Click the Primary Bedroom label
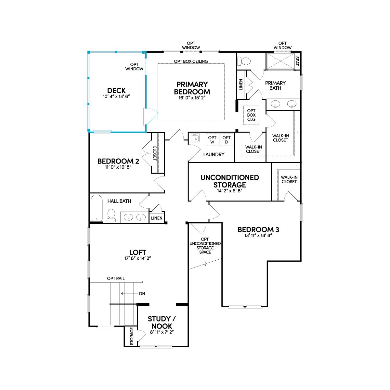pos(192,88)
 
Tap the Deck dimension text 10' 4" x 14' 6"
pos(116,96)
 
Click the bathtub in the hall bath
pos(96,208)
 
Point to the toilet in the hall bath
pos(111,215)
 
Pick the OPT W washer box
pos(212,140)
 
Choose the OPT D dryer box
pos(227,140)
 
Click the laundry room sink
pos(195,138)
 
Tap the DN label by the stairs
pos(142,293)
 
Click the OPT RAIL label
pos(116,278)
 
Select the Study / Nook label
pos(162,322)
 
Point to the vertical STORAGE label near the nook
pos(132,336)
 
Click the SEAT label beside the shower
pos(297,61)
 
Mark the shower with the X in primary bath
pos(280,61)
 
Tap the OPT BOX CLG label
pos(251,115)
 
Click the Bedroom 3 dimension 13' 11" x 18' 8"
pos(258,235)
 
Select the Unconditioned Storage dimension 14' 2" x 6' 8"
pos(229,191)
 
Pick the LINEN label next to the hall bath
pos(157,218)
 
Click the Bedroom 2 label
pos(118,161)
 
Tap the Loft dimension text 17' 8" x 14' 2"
pos(137,258)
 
